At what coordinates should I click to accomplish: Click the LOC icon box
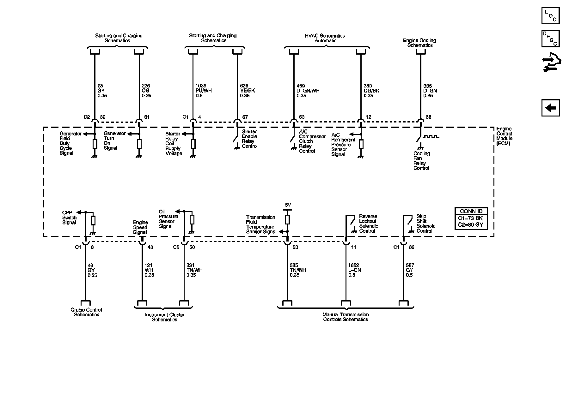(550, 15)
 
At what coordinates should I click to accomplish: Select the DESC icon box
(550, 39)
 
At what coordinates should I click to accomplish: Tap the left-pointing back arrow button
(550, 108)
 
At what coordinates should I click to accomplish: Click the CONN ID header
(471, 211)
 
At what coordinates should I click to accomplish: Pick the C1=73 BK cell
(471, 218)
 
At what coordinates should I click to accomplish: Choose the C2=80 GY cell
(471, 225)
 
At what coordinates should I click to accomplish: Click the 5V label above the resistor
(288, 205)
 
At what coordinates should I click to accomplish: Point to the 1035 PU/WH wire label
(204, 91)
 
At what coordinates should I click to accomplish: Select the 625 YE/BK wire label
(248, 91)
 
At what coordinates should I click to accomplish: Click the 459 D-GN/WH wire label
(308, 91)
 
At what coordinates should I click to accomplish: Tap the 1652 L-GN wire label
(355, 270)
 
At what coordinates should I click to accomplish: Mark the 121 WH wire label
(149, 270)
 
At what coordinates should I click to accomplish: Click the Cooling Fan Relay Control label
(422, 161)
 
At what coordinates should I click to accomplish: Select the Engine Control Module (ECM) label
(504, 136)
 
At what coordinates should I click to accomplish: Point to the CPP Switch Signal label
(69, 218)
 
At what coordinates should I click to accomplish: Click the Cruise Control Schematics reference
(86, 312)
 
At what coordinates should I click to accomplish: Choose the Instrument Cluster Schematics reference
(165, 317)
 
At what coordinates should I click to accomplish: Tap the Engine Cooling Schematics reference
(419, 43)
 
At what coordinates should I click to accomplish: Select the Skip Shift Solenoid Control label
(426, 224)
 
